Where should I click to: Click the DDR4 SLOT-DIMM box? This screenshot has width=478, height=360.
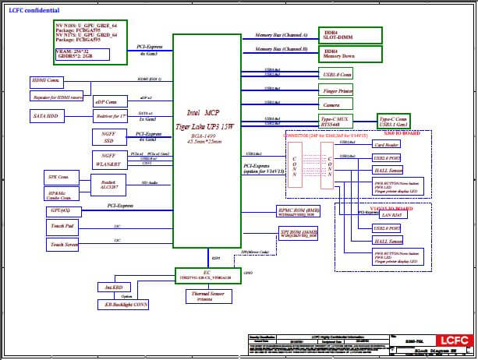pyautogui.click(x=351, y=35)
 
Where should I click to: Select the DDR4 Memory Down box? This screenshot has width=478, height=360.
pyautogui.click(x=351, y=54)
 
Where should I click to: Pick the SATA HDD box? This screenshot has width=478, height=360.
pyautogui.click(x=47, y=115)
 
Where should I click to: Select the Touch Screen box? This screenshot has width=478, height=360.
pyautogui.click(x=65, y=245)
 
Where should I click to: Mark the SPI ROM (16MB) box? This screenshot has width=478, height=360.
pyautogui.click(x=299, y=235)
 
